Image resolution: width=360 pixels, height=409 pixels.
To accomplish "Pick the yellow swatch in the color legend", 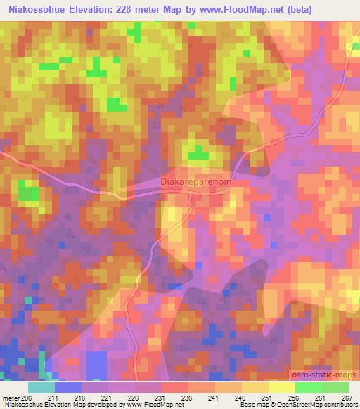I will (281, 387).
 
